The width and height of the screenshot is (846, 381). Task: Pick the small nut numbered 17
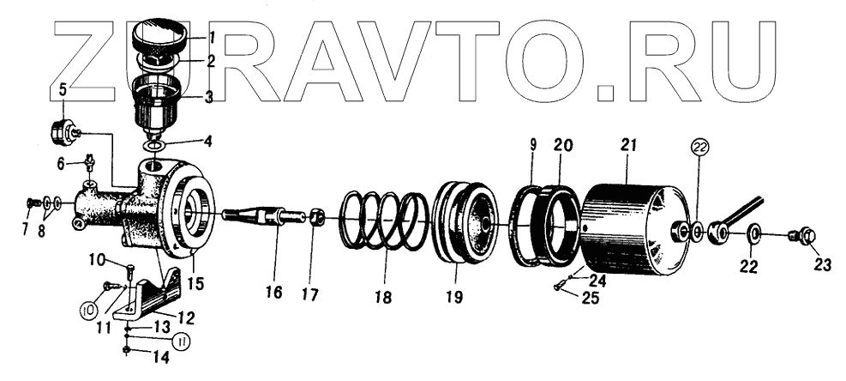pyautogui.click(x=315, y=218)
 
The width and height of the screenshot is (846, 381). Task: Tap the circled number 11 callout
pyautogui.click(x=181, y=342)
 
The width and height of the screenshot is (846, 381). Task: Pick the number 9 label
pyautogui.click(x=532, y=147)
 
